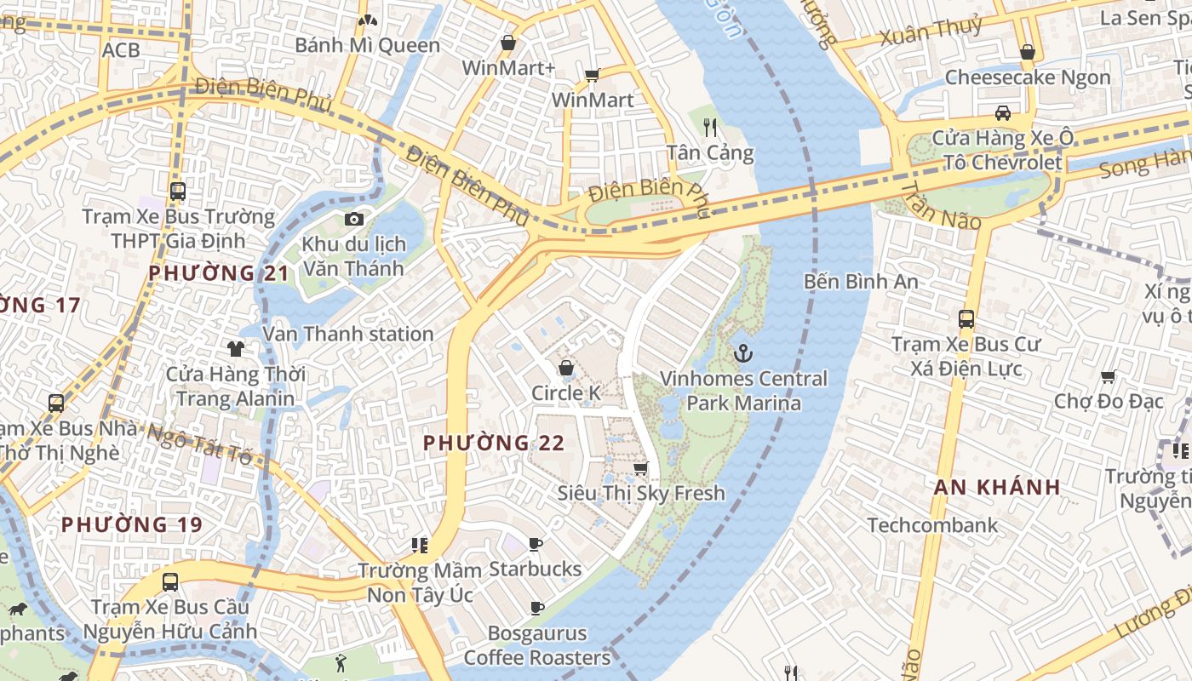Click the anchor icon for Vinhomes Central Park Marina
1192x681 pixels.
pyautogui.click(x=743, y=352)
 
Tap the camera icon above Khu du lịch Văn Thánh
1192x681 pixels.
pyautogui.click(x=354, y=219)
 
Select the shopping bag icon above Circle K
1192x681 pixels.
pyautogui.click(x=565, y=368)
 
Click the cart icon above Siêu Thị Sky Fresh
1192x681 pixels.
pyautogui.click(x=641, y=468)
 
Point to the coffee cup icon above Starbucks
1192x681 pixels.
pyautogui.click(x=536, y=544)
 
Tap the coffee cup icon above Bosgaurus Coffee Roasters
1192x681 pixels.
pyautogui.click(x=537, y=608)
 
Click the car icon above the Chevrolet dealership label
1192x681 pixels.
pyautogui.click(x=1003, y=113)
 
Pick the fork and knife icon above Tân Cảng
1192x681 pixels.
pyautogui.click(x=710, y=128)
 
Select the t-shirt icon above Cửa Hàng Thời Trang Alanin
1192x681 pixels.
pyautogui.click(x=236, y=348)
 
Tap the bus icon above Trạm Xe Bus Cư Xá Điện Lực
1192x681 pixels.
pyautogui.click(x=966, y=319)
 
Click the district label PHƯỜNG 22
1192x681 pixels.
pyautogui.click(x=494, y=443)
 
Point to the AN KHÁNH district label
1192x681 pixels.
pyautogui.click(x=997, y=487)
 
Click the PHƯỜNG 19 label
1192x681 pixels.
pyautogui.click(x=132, y=524)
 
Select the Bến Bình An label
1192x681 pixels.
pyautogui.click(x=861, y=281)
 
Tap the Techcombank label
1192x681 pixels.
pyautogui.click(x=932, y=525)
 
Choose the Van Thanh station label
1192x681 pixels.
pyautogui.click(x=348, y=334)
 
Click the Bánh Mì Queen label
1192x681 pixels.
pyautogui.click(x=368, y=45)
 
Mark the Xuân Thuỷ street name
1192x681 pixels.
pyautogui.click(x=931, y=31)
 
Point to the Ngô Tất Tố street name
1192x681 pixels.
pyautogui.click(x=199, y=444)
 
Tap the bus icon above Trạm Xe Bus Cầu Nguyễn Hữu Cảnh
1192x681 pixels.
pyautogui.click(x=170, y=582)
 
